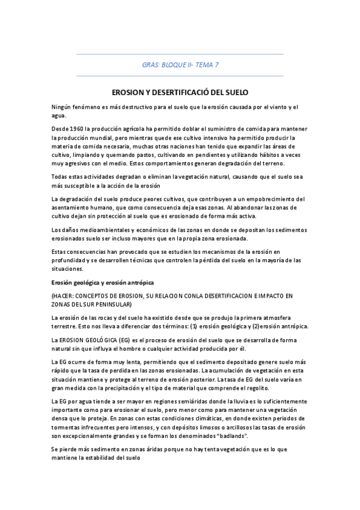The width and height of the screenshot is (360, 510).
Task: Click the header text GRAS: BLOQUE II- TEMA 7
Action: tap(180, 64)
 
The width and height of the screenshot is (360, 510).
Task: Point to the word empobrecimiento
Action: tap(267, 199)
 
